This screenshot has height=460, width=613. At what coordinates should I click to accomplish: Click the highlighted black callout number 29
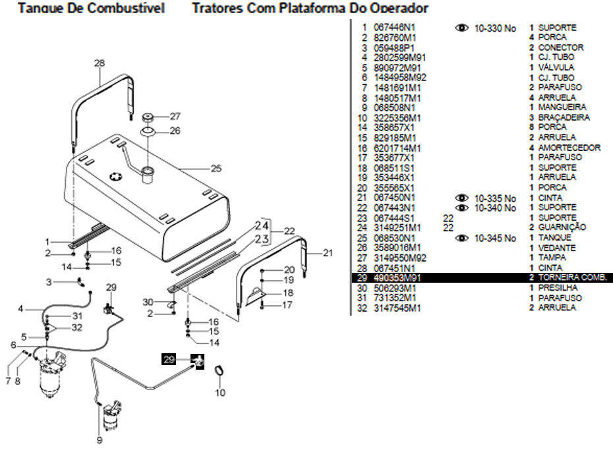(x=169, y=360)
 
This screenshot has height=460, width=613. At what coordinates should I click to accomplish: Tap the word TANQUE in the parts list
(x=554, y=237)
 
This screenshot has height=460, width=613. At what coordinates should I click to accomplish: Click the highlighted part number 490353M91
(x=396, y=278)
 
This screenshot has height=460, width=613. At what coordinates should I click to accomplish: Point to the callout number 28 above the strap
(x=100, y=64)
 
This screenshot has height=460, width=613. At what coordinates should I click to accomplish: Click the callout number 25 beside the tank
(x=216, y=169)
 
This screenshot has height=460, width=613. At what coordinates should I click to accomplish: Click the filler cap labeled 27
(x=148, y=117)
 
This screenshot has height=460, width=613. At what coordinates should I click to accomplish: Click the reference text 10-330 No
(x=495, y=28)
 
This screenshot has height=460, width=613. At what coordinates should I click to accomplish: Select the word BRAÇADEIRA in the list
(x=564, y=117)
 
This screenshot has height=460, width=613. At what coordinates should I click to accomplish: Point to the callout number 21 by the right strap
(x=328, y=252)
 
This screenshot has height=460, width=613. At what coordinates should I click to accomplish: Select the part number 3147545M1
(x=395, y=308)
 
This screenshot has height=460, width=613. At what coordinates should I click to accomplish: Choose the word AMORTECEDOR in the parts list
(x=569, y=148)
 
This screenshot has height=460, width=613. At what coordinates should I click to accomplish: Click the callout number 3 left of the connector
(x=48, y=282)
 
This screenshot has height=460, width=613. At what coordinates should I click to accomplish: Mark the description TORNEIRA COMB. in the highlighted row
(x=571, y=278)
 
